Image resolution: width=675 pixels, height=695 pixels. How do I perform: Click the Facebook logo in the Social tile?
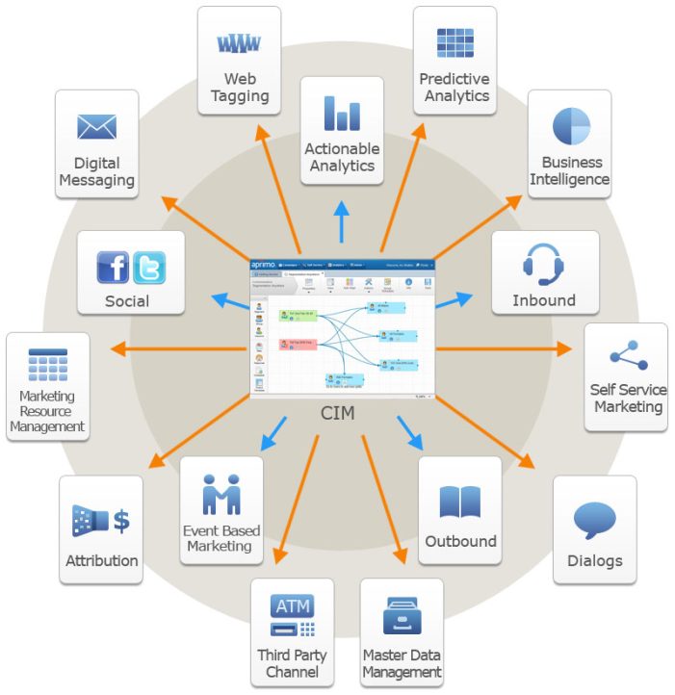coord(113,267)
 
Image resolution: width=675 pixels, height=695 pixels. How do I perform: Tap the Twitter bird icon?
coord(148,267)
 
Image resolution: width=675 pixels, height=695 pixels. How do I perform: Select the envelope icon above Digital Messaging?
coord(96,127)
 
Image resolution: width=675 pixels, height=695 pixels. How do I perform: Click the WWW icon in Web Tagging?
coord(239,43)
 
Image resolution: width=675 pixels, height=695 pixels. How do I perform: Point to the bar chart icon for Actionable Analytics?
coord(342,113)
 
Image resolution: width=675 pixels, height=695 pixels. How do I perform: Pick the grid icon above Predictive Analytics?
coord(454,43)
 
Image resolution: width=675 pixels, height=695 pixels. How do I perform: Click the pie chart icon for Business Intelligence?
coord(570,126)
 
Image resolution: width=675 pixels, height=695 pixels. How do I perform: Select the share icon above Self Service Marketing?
coord(628,355)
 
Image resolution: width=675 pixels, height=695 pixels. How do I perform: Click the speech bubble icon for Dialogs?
coord(594,521)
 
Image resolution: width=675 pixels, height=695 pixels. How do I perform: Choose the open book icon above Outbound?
coord(459,502)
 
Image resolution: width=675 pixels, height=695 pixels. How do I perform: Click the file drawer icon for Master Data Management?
coord(402,616)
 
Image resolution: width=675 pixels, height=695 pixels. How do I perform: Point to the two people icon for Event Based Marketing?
coord(221,494)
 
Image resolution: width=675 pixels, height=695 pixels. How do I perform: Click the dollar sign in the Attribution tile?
coord(121,522)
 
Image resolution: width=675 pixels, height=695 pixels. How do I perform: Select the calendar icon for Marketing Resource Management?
coord(47,365)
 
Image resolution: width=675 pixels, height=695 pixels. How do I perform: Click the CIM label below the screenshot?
coord(340,414)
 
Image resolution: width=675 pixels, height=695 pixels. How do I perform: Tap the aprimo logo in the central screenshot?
coord(263,265)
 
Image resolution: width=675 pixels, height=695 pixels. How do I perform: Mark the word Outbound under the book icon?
coord(460,542)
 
